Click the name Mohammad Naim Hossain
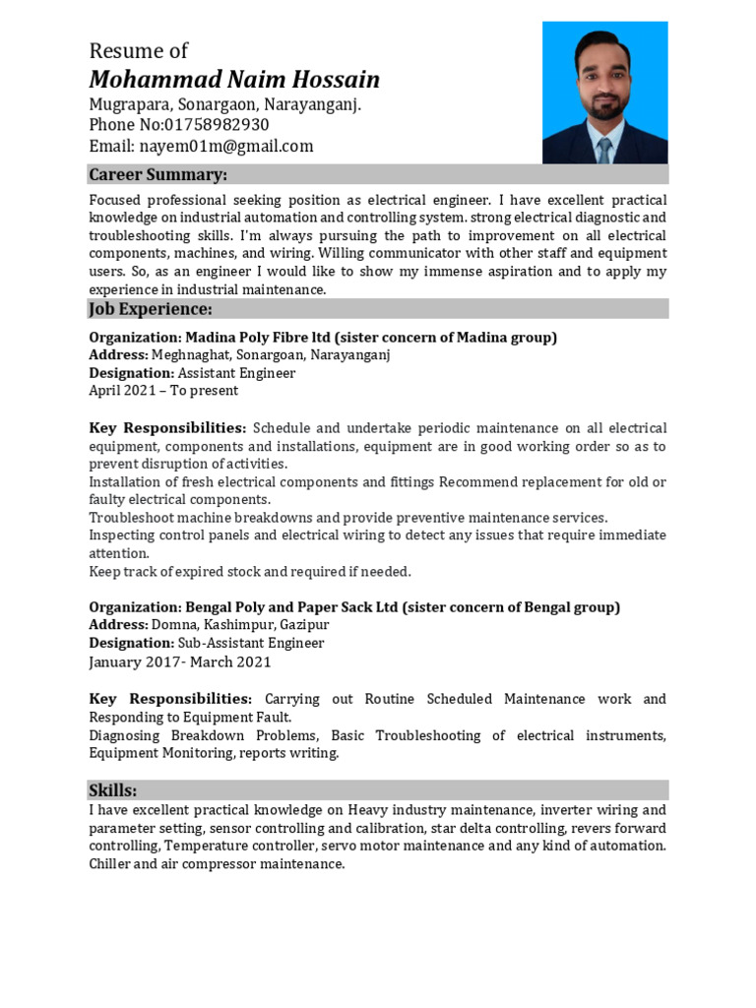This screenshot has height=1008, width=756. coord(234,80)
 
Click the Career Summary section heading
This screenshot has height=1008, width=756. coord(158,175)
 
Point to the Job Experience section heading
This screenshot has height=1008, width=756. coord(151,309)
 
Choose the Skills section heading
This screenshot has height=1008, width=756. coord(113,790)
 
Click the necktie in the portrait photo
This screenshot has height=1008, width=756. coord(603,149)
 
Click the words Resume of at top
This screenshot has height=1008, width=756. coord(138,51)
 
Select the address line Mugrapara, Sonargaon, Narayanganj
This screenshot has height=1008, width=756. coord(224,104)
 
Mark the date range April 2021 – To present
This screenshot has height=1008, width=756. coord(163,391)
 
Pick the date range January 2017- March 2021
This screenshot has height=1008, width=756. coord(180,661)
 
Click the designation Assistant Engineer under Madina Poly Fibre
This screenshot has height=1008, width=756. coord(237,373)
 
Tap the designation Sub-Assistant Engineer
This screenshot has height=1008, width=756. coord(251,643)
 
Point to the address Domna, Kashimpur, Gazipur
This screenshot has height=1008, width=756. coord(239,625)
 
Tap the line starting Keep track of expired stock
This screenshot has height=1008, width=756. coord(250,572)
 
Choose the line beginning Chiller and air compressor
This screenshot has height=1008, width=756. coord(217,864)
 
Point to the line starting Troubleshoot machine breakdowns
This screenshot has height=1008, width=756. coord(348,518)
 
